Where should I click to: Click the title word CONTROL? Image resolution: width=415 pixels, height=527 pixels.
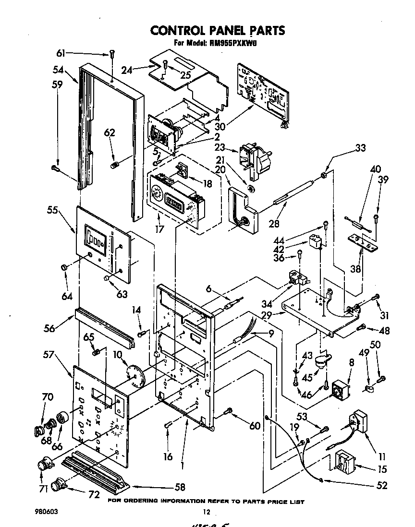tap(178, 30)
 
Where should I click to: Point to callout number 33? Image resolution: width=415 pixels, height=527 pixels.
tap(360, 148)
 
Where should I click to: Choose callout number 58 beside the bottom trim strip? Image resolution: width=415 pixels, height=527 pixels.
tap(180, 488)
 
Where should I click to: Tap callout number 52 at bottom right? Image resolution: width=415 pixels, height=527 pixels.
tap(382, 485)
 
